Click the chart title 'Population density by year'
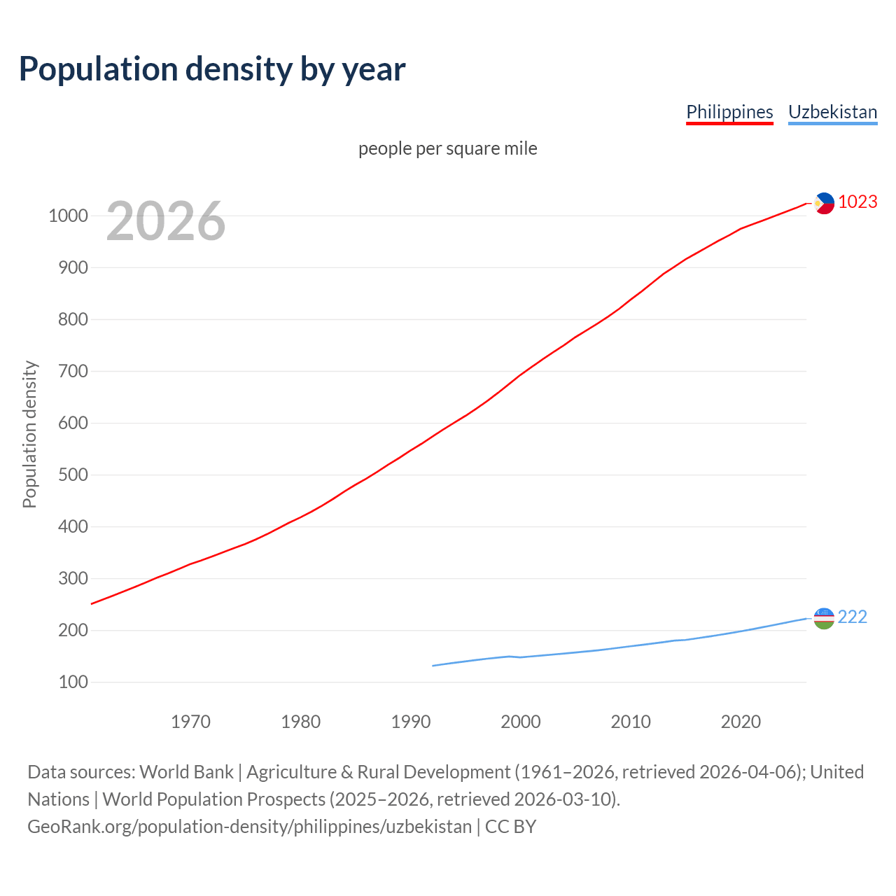pos(212,69)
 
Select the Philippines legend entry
pos(729,112)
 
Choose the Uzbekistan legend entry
pos(832,112)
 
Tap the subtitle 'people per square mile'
pos(447,148)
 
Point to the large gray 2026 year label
pos(166,221)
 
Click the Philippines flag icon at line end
pos(825,203)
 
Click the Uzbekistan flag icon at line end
pos(824,618)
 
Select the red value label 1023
pos(857,202)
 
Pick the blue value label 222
pos(852,617)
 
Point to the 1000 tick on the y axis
pos(68,216)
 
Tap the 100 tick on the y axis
pos(73,682)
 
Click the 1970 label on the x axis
pos(190,722)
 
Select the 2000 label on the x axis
pos(520,722)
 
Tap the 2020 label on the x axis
pos(741,722)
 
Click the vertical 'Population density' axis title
pos(29,434)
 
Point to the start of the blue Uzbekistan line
pos(433,666)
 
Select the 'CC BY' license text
pos(510,827)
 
